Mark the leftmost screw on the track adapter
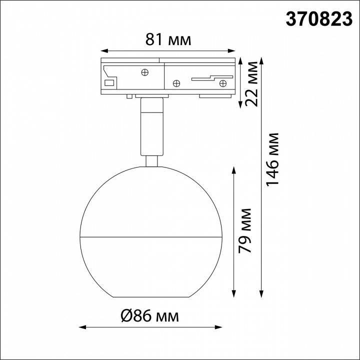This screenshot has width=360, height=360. (x=145, y=72)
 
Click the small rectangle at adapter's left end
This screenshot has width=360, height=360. (x=109, y=82)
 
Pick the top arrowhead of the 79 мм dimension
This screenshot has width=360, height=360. (x=234, y=169)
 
